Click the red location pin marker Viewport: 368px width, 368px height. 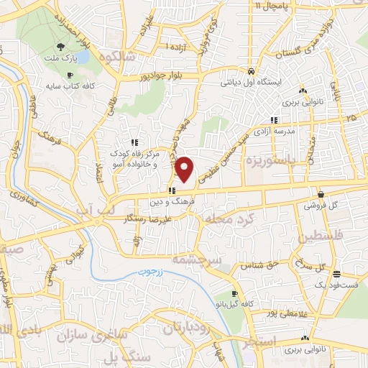click(x=185, y=170)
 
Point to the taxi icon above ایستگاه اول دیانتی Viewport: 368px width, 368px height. click(x=249, y=72)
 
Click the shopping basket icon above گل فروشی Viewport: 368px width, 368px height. click(x=320, y=194)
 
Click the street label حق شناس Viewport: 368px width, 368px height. click(x=264, y=265)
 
